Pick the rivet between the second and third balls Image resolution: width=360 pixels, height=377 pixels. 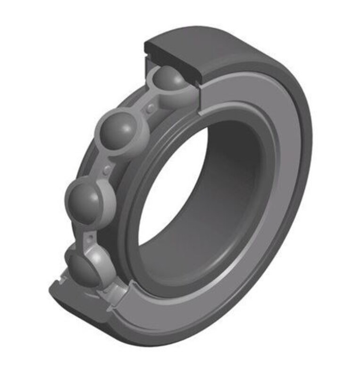tap(108, 168)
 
